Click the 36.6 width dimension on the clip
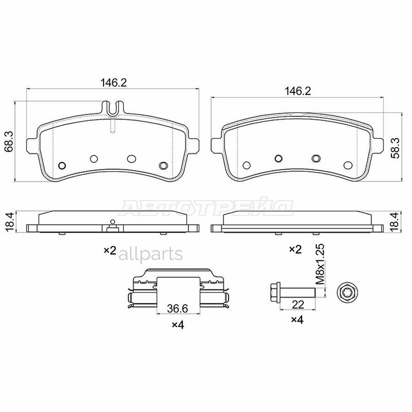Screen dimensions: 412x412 point(177,309)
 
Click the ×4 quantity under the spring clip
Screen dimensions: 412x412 point(177,325)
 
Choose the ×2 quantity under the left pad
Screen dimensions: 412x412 point(109,250)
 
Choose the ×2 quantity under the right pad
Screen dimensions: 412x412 point(295,249)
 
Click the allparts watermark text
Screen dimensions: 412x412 point(151,254)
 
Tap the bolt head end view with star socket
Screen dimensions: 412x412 point(346,291)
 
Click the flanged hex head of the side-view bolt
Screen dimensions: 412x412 point(274,291)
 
